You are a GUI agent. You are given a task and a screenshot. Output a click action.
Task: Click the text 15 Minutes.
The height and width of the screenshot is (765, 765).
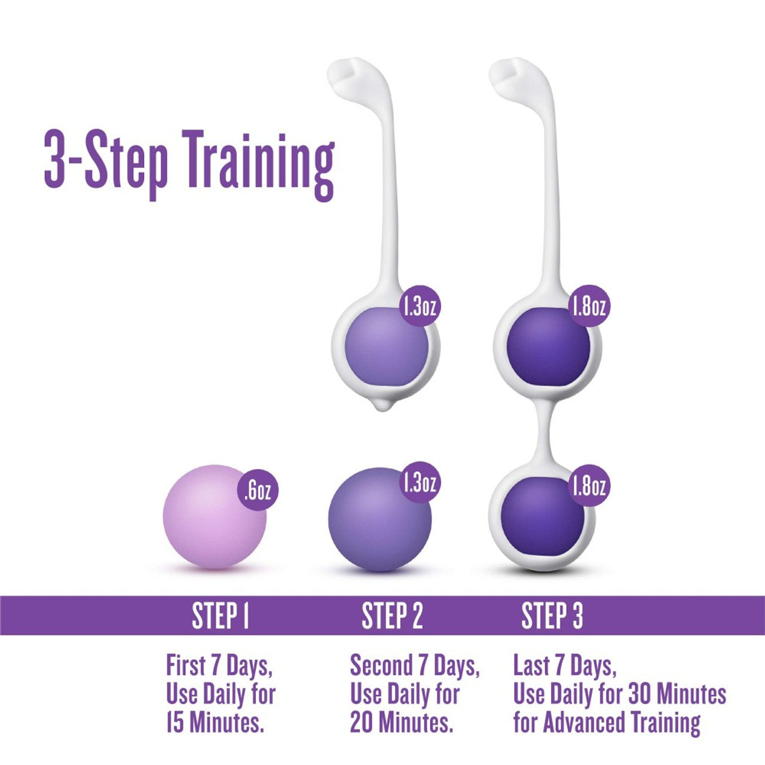click(215, 723)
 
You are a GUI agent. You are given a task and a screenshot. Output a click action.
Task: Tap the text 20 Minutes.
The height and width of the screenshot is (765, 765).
click(402, 723)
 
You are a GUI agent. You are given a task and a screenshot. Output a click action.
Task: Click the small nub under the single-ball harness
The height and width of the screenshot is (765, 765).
click(383, 406)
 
